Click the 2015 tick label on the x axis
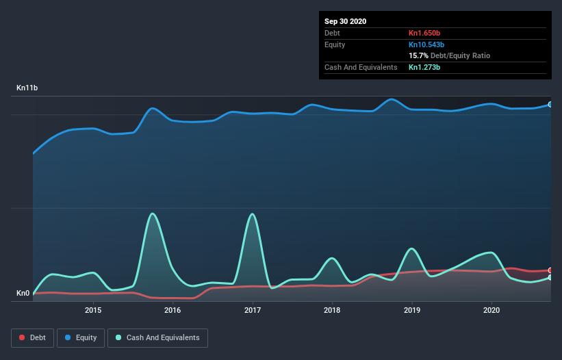(93, 310)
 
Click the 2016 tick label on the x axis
(173, 310)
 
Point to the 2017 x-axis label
(253, 310)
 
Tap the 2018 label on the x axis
(332, 310)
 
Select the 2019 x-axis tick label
(412, 310)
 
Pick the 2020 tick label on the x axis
(491, 310)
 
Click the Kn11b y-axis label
(27, 88)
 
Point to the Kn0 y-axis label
(23, 294)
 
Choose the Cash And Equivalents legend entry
(157, 338)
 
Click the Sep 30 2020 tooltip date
(345, 21)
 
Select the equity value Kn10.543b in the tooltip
(428, 44)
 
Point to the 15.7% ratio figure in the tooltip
(418, 55)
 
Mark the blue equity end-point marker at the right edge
(550, 105)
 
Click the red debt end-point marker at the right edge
(550, 270)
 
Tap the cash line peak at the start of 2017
(253, 214)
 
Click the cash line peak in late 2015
(153, 214)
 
